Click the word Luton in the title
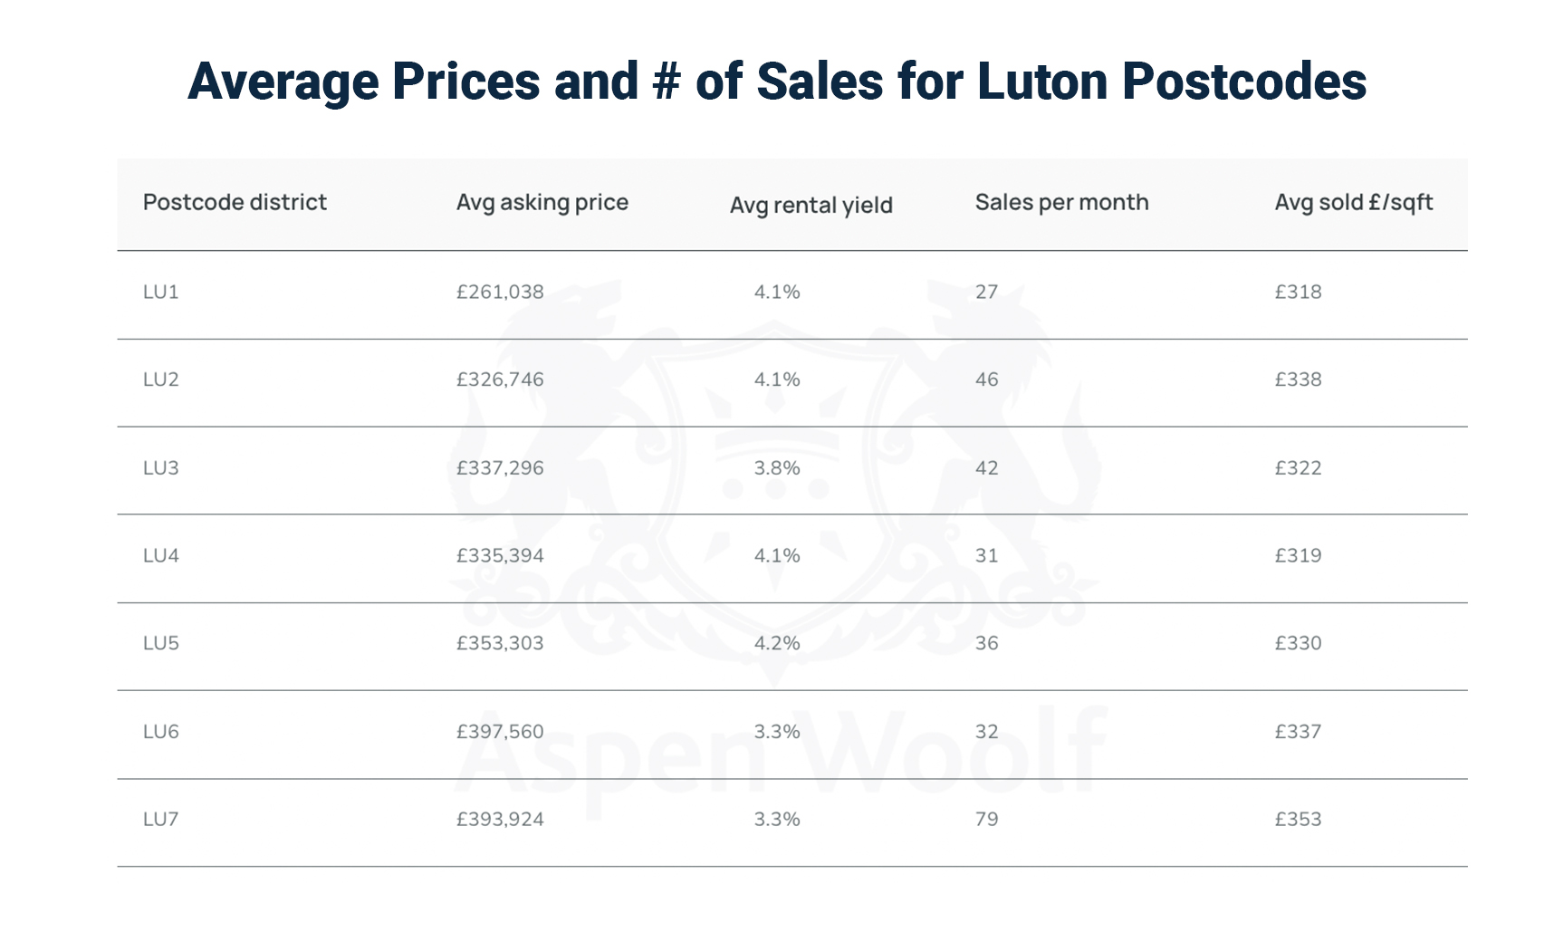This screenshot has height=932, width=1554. coord(1042,82)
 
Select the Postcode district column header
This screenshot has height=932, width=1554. coord(235,202)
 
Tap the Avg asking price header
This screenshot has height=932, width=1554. coord(542,202)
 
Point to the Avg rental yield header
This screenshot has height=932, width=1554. coord(811,206)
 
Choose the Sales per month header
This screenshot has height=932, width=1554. coord(1061,202)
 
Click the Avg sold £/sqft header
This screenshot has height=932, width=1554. coord(1353,202)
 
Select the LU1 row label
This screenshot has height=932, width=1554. coord(161,292)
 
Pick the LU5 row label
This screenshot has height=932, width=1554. coord(161,643)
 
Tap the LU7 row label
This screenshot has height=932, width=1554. coord(161,819)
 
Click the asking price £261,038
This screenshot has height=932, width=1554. coord(500,292)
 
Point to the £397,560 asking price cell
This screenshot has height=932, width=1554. coord(500,731)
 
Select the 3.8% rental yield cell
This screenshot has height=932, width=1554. coord(777,467)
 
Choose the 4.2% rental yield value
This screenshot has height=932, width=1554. coord(777,643)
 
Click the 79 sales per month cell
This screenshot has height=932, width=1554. coord(986,819)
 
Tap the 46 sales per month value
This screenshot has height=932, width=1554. coord(986,380)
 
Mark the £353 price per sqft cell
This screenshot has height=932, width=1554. coord(1298,819)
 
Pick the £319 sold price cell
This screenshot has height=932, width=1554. coord(1298,555)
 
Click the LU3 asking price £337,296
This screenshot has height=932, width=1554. coord(500,467)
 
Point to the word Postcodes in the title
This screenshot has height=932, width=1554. coord(1243,82)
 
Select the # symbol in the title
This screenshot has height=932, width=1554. coord(666,82)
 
